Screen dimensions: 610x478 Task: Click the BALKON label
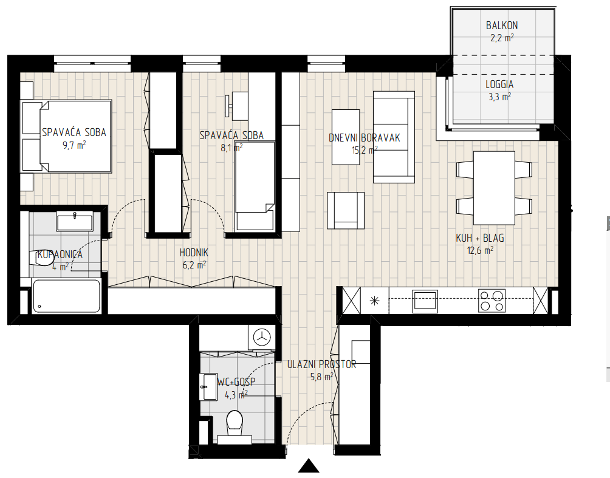502,26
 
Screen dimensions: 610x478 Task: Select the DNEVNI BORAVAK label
364,138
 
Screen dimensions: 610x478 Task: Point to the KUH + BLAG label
480,237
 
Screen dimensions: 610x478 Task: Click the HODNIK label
194,253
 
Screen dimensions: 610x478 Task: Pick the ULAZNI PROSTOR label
322,364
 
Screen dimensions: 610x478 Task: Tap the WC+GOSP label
236,382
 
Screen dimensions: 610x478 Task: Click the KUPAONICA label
60,254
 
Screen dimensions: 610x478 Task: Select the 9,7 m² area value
74,145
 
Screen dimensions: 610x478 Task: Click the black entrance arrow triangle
309,466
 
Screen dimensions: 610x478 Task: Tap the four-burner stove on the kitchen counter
492,301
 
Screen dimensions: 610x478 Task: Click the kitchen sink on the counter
425,301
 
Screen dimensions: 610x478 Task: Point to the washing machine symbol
261,338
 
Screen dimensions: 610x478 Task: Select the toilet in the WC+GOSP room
235,426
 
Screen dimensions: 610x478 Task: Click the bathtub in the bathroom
66,296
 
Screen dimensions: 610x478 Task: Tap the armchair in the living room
346,210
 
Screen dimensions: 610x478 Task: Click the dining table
494,188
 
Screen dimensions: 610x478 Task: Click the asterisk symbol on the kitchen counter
375,300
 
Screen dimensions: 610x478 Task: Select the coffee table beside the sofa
346,137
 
